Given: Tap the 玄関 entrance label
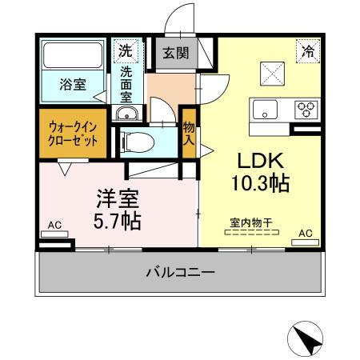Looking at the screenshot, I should point(175,54).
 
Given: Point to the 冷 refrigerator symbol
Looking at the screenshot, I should point(306,50).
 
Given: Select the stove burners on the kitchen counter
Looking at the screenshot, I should point(306,108).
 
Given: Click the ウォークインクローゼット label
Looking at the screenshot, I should point(74,132).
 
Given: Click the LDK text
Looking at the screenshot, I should point(256,158).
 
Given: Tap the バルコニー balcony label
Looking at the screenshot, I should point(180,273).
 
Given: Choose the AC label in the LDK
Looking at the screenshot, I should point(305,234).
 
